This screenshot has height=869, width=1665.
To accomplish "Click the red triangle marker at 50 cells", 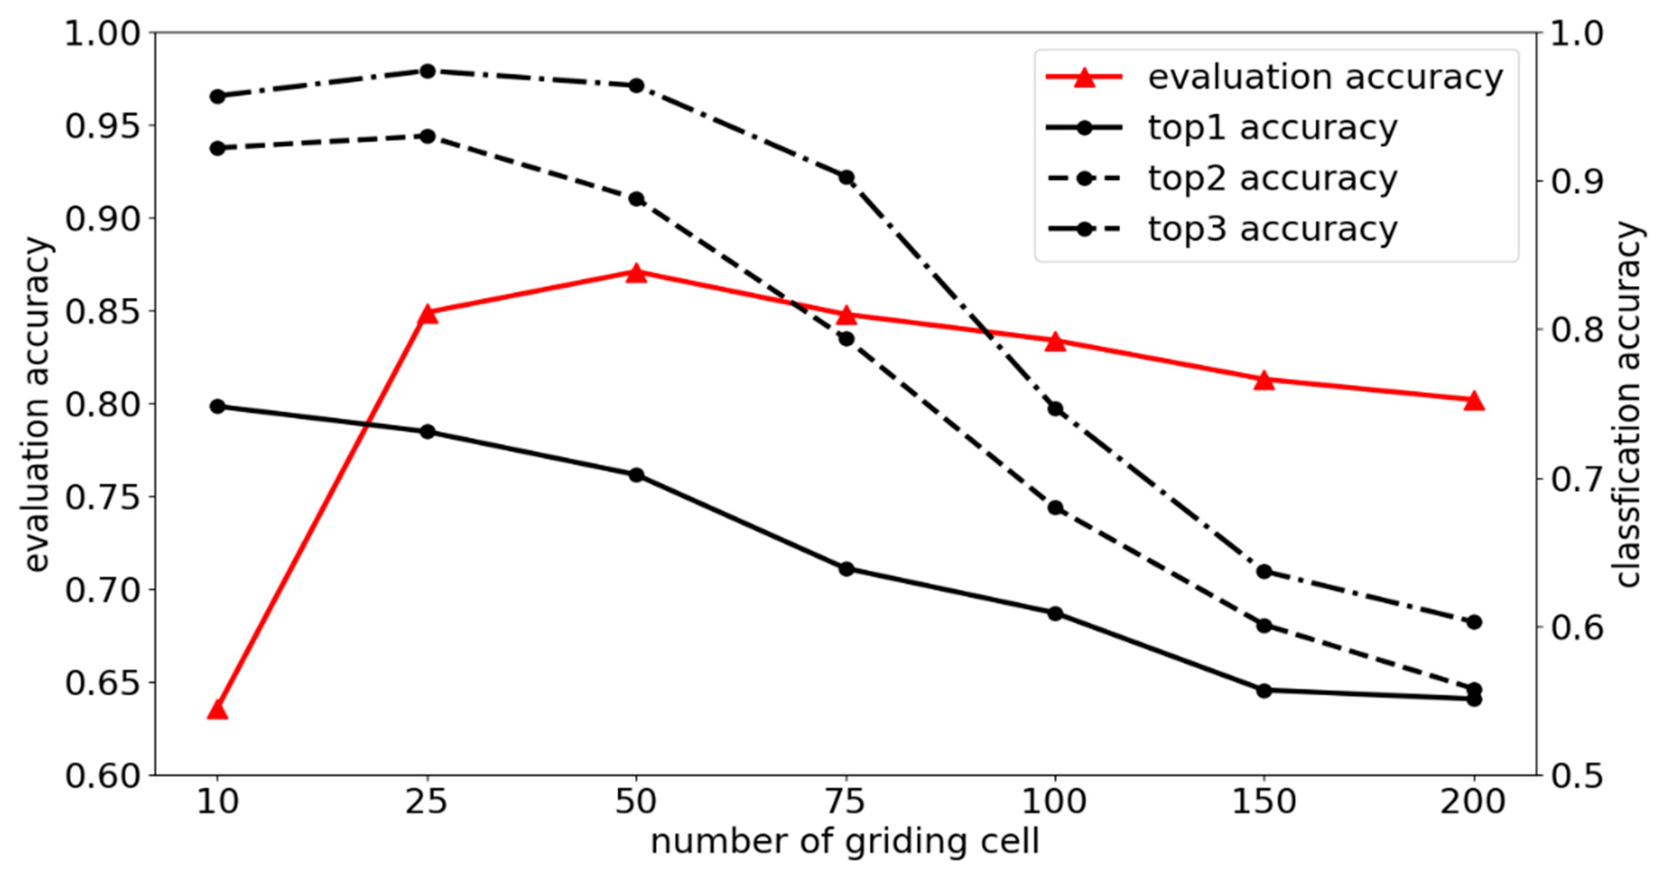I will point(637,273).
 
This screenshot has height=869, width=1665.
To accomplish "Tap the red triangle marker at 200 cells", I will point(1474,400).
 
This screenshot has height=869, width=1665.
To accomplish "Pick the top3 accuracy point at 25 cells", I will point(427,71).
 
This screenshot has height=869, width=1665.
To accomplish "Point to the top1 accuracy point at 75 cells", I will point(846,569).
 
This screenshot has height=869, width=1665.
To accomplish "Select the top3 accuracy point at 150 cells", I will point(1265,572).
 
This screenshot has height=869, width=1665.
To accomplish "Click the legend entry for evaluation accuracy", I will point(1325,77).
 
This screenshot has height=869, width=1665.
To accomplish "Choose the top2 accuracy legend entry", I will point(1272,178).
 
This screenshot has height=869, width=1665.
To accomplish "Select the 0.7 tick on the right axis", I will point(1577,479).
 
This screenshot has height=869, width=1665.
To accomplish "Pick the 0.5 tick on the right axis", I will point(1577,775).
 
